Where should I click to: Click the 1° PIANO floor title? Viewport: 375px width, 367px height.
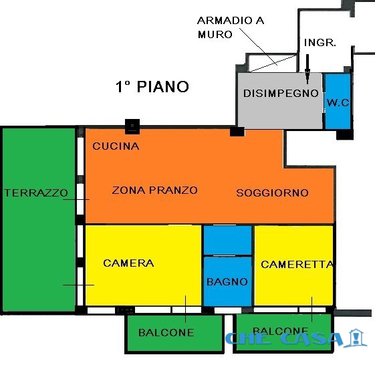click(x=152, y=87)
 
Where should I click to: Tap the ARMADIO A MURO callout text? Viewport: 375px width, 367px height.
click(x=231, y=27)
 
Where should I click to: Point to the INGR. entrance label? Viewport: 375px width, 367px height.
click(x=320, y=43)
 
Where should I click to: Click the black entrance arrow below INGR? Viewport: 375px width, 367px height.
click(x=307, y=69)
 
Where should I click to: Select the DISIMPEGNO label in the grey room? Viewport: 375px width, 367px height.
click(x=281, y=94)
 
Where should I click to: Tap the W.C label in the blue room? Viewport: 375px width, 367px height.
click(x=338, y=103)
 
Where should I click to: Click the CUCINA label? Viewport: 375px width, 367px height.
click(x=116, y=146)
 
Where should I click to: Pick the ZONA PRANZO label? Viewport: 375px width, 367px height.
click(x=154, y=191)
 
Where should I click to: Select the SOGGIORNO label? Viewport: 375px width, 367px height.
click(x=273, y=193)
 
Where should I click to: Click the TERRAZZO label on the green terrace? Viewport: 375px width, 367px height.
click(x=36, y=193)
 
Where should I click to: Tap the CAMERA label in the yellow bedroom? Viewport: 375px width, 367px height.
click(x=128, y=263)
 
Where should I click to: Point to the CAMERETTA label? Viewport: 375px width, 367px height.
click(x=297, y=264)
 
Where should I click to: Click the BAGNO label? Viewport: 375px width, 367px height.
click(x=227, y=282)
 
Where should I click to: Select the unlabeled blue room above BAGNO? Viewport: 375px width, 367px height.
click(x=227, y=240)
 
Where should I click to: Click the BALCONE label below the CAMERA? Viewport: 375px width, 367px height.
click(x=166, y=332)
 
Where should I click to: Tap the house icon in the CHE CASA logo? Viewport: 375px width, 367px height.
click(x=356, y=338)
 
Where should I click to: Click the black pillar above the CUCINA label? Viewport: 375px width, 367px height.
click(x=132, y=126)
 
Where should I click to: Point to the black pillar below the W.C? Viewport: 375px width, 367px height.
click(x=345, y=134)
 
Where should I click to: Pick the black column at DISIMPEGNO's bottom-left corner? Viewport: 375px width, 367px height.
click(x=237, y=132)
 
